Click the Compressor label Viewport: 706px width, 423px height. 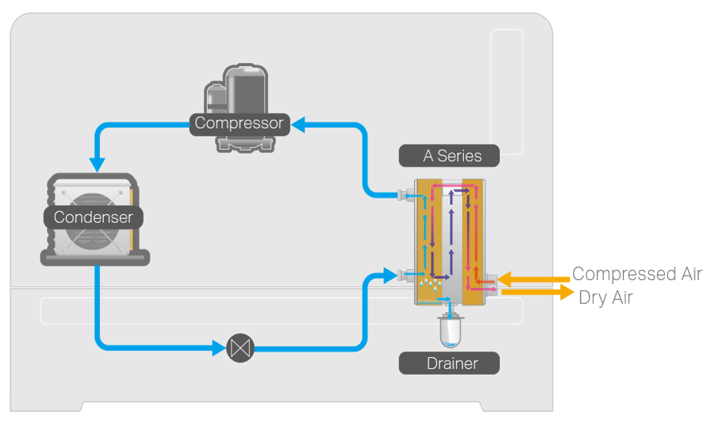click(239, 123)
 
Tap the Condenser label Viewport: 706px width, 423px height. click(93, 217)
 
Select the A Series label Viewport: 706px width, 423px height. click(452, 156)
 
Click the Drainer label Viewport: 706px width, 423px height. click(452, 363)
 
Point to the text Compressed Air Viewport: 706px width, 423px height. click(636, 274)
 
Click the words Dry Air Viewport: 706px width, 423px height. click(606, 297)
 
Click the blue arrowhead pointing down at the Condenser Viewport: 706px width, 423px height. click(97, 164)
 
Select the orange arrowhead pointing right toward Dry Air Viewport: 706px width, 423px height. click(567, 292)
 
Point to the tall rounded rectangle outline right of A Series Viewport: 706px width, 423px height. click(506, 91)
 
